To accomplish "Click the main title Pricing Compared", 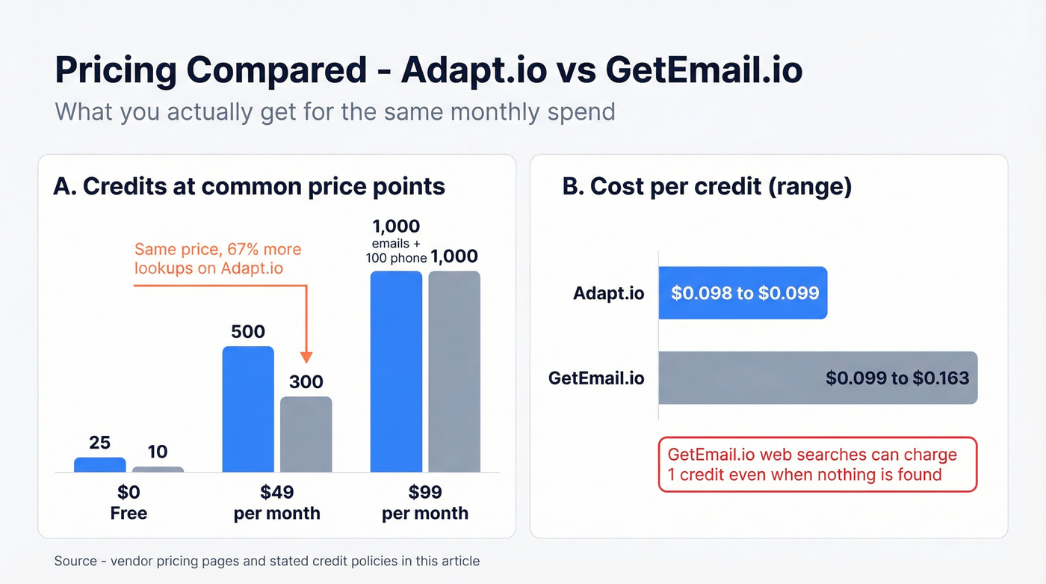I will [428, 70].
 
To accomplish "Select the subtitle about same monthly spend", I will [335, 111].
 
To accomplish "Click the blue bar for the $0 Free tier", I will [100, 465].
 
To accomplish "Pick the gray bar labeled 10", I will [158, 470].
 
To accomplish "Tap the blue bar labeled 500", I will [248, 410].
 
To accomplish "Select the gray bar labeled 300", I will [306, 434].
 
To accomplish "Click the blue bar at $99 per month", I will [396, 372].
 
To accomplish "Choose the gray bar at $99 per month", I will [454, 372].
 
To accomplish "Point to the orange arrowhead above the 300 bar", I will [306, 357].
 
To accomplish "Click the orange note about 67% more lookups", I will [217, 258].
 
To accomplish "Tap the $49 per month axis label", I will [276, 502].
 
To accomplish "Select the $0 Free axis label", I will [129, 502].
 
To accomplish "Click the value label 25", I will [99, 443].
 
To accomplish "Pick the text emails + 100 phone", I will [396, 250].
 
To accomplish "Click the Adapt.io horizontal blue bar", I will [743, 292].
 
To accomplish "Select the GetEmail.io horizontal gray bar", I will [817, 378].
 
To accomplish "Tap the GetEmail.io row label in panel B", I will [596, 378].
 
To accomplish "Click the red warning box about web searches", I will [817, 464].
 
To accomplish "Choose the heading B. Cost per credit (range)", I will [707, 187].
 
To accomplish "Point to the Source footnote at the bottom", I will [267, 561].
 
